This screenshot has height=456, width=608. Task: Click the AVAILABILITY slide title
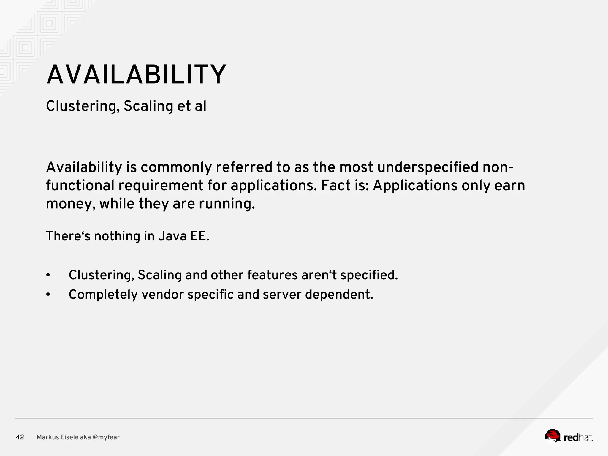coord(136,75)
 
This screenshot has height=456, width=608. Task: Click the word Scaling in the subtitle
coord(148,106)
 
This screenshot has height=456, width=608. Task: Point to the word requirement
coord(161,186)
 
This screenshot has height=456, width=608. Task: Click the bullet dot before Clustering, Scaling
coord(48,275)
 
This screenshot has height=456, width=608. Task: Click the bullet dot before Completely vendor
coord(48,295)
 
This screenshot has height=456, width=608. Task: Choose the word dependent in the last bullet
coord(339,295)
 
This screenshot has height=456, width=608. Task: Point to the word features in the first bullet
coord(272,275)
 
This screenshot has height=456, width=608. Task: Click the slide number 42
coord(20,437)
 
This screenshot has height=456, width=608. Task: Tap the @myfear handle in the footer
coord(106,437)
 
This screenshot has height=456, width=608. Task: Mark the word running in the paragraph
coord(227,204)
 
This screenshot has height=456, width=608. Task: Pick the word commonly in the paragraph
coord(176,167)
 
